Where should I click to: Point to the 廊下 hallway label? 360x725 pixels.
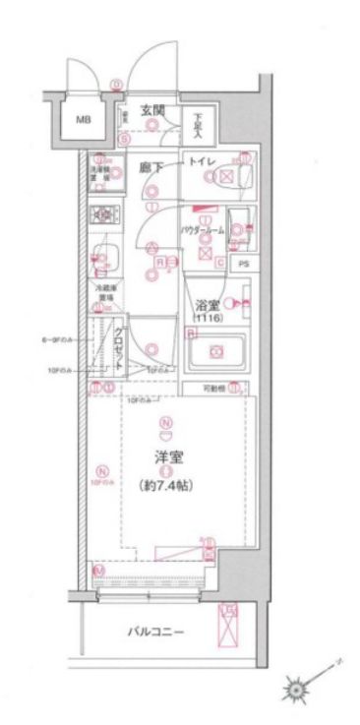[150, 168]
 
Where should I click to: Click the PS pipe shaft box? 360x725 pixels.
[242, 265]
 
